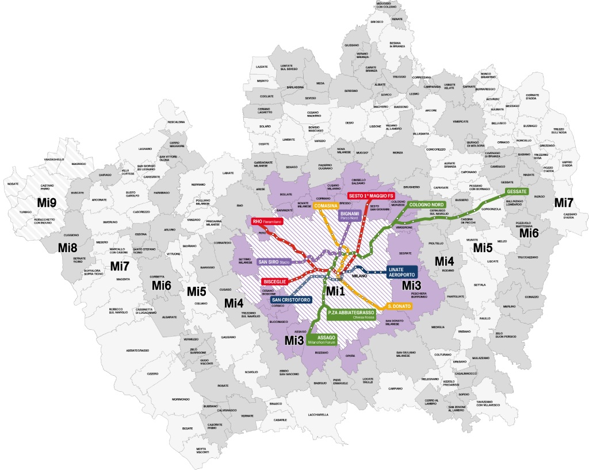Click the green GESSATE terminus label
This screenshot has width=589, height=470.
click(x=519, y=191)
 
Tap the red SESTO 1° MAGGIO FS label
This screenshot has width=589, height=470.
click(x=370, y=196)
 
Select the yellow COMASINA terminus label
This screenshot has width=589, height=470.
click(x=325, y=206)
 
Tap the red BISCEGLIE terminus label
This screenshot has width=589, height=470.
click(x=276, y=282)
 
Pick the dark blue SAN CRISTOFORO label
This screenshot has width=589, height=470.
click(x=292, y=300)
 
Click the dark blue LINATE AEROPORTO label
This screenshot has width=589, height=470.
click(x=401, y=272)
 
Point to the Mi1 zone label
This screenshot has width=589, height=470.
click(x=335, y=291)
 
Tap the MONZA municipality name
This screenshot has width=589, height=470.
click(x=397, y=152)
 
